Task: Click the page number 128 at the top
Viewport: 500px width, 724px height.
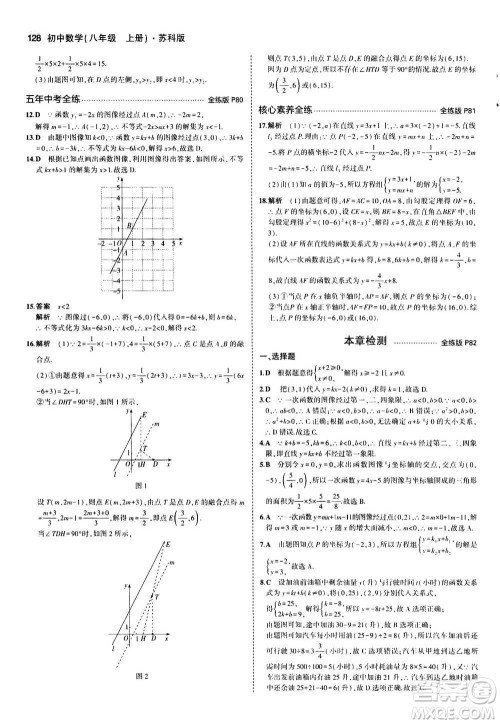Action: click(21, 11)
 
